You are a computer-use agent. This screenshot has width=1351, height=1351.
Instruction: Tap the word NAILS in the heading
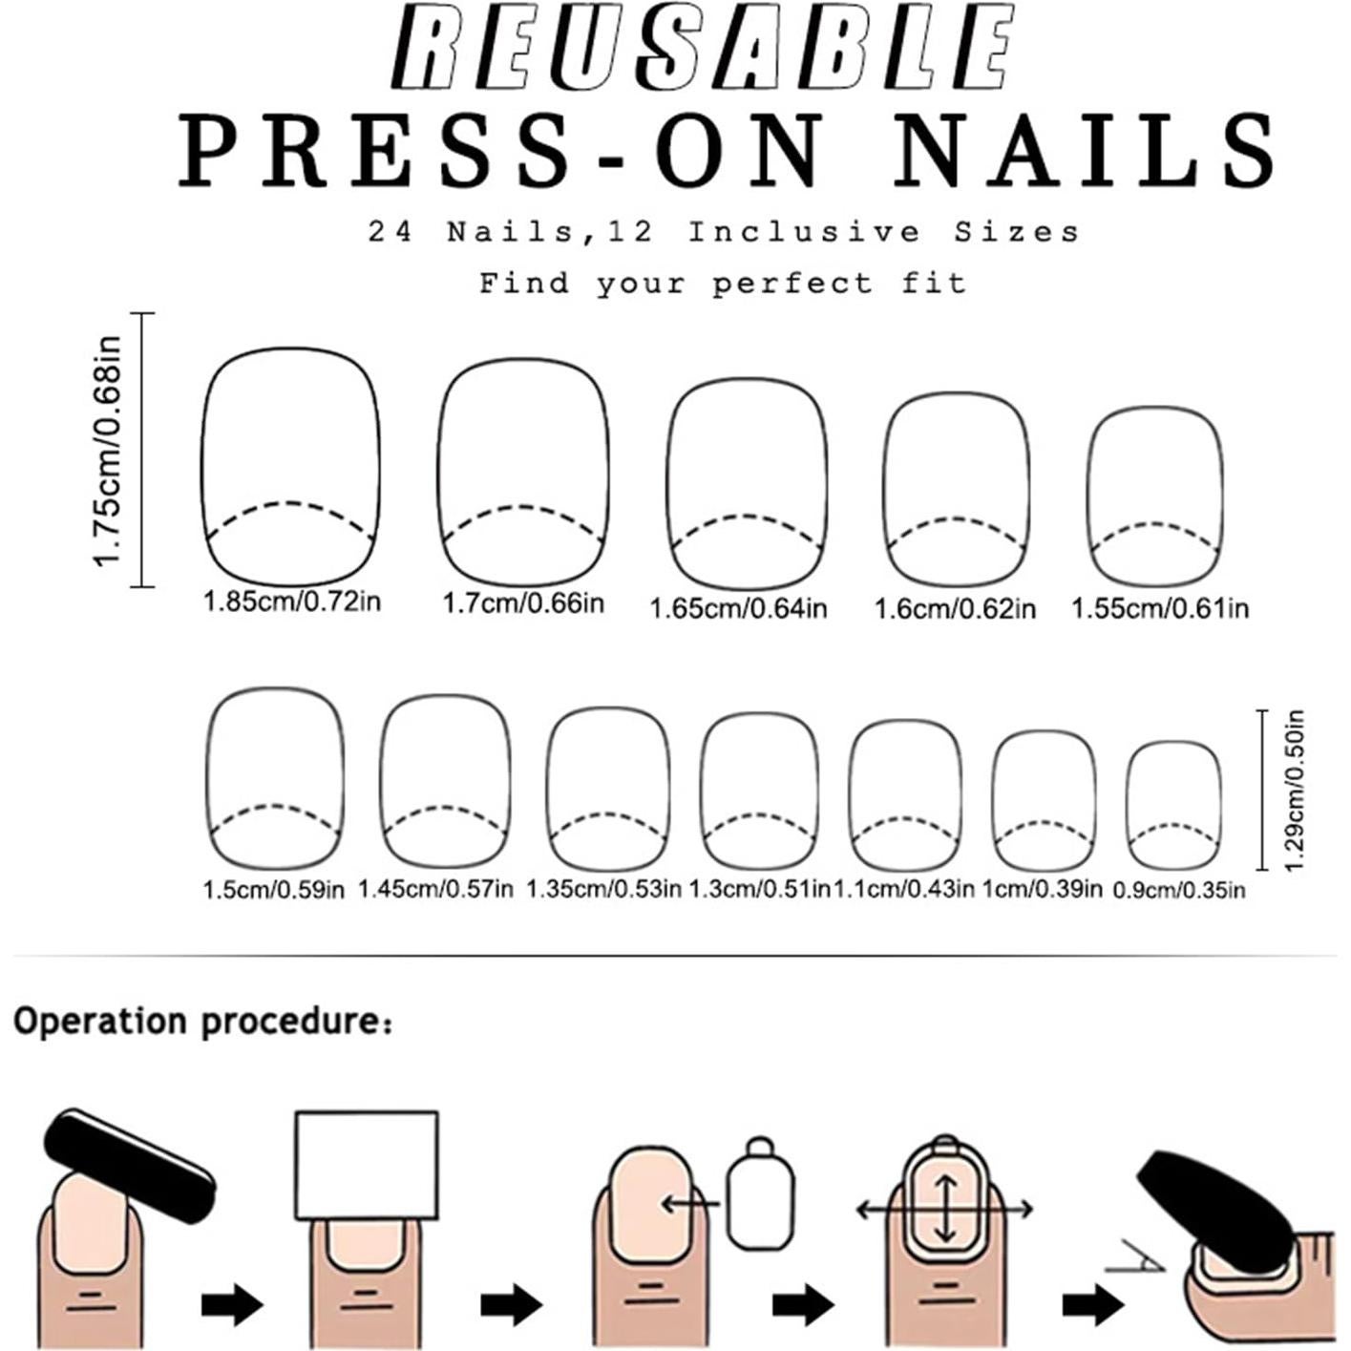1086,152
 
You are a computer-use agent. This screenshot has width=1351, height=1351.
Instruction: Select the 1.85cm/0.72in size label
291,602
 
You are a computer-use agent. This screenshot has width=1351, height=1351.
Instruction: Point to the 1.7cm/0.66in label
523,602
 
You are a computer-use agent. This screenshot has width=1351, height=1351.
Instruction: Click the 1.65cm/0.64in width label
738,608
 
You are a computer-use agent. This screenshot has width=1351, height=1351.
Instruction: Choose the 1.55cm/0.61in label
1160,608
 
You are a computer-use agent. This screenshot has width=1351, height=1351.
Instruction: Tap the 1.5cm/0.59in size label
273,891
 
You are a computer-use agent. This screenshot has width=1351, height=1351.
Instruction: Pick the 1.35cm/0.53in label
603,889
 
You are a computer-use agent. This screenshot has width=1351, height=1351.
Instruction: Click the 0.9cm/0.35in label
1179,891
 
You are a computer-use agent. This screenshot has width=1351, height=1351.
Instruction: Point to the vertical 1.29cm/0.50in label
1295,791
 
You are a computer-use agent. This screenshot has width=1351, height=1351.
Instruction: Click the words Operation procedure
203,1023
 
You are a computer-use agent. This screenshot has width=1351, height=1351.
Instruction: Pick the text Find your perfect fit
723,284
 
